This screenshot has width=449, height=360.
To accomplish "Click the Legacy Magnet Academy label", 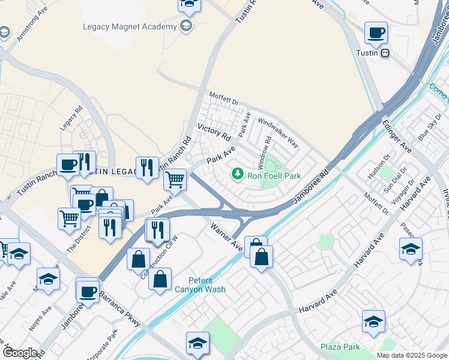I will (x=130, y=27).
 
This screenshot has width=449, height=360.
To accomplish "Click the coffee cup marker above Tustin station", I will (x=376, y=33).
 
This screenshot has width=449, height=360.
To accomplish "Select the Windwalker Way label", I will (x=278, y=133).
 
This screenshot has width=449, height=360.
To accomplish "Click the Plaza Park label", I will (x=340, y=347).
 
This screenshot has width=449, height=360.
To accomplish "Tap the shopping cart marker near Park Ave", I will (x=175, y=179).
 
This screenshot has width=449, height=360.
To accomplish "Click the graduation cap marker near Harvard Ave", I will (x=411, y=249).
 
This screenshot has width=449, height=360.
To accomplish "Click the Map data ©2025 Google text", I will (x=411, y=355).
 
